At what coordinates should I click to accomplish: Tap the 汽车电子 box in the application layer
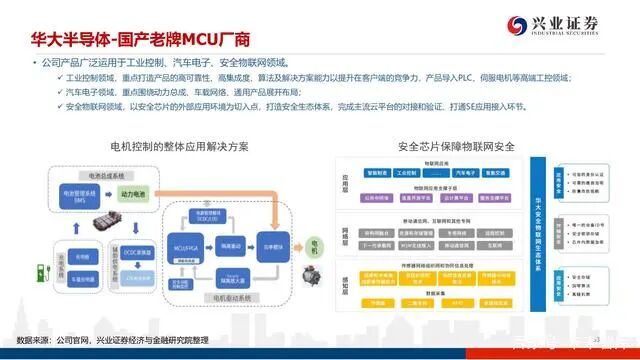tap(465, 173)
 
